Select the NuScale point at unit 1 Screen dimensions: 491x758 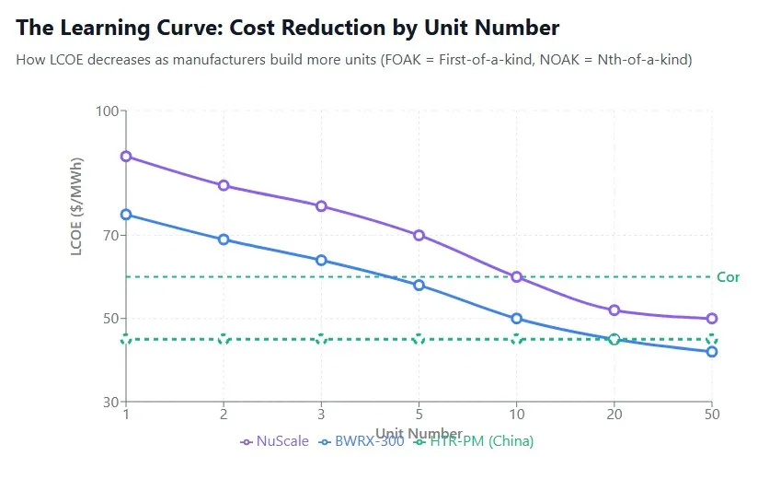click(x=126, y=157)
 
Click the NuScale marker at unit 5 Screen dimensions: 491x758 click(x=419, y=235)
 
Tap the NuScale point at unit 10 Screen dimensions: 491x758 click(x=516, y=277)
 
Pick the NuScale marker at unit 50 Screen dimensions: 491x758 click(x=711, y=319)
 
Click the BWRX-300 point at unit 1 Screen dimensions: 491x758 click(x=126, y=215)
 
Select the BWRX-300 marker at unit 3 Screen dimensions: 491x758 click(x=321, y=260)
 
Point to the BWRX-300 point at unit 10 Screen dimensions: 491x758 click(x=516, y=319)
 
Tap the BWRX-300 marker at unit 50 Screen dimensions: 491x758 click(x=711, y=352)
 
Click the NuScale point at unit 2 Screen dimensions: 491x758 click(x=224, y=186)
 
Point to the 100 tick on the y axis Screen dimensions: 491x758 click(x=109, y=111)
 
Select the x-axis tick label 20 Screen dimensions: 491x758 click(x=614, y=415)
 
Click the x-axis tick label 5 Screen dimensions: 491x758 click(x=419, y=415)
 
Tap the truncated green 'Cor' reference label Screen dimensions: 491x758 click(x=728, y=277)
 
